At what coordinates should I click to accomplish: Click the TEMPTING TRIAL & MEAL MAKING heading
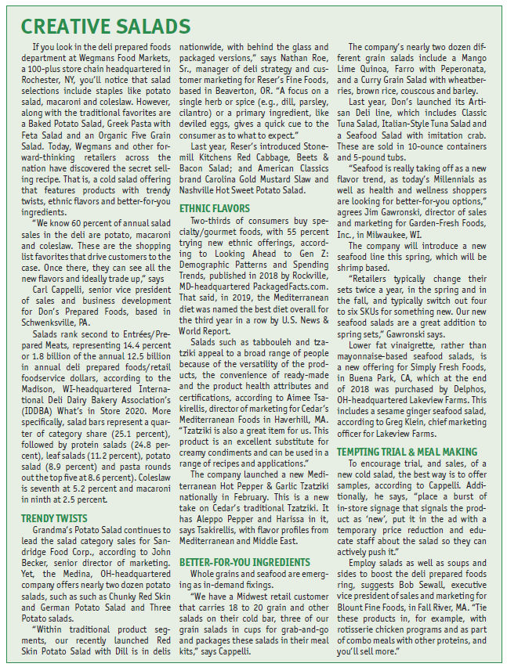click(407, 451)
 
